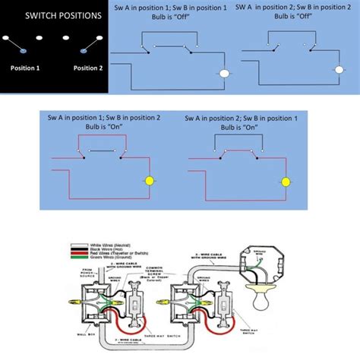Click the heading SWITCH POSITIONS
pyautogui.click(x=52, y=16)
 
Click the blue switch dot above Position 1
pyautogui.click(x=24, y=52)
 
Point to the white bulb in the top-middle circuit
pyautogui.click(x=225, y=74)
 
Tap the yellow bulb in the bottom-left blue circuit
pyautogui.click(x=150, y=181)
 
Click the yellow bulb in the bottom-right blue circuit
pyautogui.click(x=286, y=182)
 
